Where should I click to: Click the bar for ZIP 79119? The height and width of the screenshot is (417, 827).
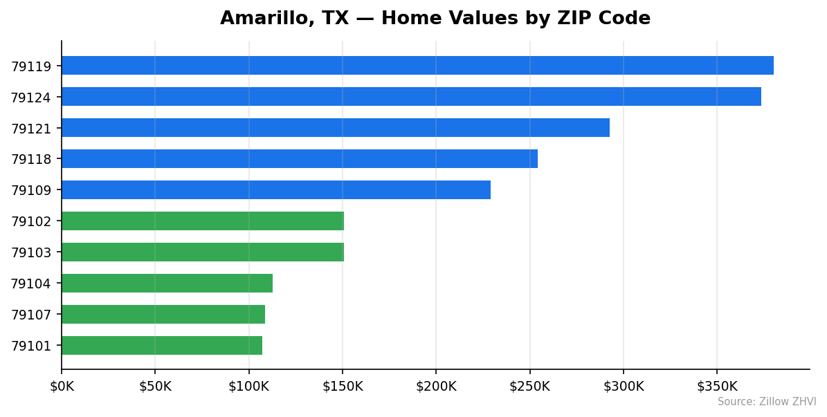[x=417, y=66]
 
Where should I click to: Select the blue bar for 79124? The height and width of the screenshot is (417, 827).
[x=411, y=97]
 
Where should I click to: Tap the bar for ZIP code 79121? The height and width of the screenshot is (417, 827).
[x=336, y=128]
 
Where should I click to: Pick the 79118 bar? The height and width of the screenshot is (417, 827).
[x=300, y=159]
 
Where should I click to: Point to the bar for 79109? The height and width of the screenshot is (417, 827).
[x=276, y=190]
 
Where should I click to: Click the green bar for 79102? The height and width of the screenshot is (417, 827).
[x=203, y=221]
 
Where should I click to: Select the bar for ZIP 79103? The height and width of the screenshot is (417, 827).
[x=203, y=252]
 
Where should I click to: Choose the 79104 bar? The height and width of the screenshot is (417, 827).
[x=167, y=284]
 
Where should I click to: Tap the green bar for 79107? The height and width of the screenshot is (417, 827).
[x=163, y=315]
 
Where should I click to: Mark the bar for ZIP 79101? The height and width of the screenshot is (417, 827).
[x=162, y=346]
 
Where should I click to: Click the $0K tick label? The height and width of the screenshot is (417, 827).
[x=62, y=387]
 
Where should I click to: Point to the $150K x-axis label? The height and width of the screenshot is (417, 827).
[x=343, y=387]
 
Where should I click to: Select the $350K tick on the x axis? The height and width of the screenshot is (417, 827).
[x=717, y=387]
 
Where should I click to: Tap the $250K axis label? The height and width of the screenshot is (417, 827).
[x=529, y=387]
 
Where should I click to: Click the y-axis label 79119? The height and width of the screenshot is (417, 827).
[x=31, y=66]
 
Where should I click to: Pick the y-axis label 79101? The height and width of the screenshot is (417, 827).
[x=31, y=346]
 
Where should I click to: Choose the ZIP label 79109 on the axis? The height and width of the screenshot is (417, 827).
[x=31, y=190]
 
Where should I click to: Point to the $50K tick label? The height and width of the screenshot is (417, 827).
[x=155, y=387]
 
